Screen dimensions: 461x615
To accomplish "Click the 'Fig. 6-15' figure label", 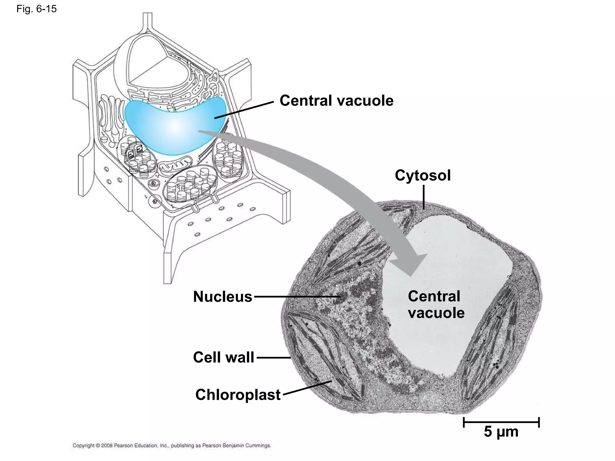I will [x=36, y=9].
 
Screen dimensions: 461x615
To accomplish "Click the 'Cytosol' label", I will [x=423, y=175].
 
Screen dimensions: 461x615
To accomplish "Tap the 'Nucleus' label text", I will [x=223, y=297].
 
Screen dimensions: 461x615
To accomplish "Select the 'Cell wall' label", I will [x=223, y=357].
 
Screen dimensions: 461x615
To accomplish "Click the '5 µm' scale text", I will [x=501, y=432].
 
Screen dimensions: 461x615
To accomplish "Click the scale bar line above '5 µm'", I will [x=501, y=422].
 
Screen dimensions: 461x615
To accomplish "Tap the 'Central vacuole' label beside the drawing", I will [x=336, y=101].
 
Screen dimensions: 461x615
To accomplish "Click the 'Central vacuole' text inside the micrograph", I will [x=436, y=305].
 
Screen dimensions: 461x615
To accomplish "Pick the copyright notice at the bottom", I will [x=172, y=446].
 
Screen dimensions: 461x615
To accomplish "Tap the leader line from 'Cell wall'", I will [x=273, y=357].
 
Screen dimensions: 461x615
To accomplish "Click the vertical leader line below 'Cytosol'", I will [x=423, y=197].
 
